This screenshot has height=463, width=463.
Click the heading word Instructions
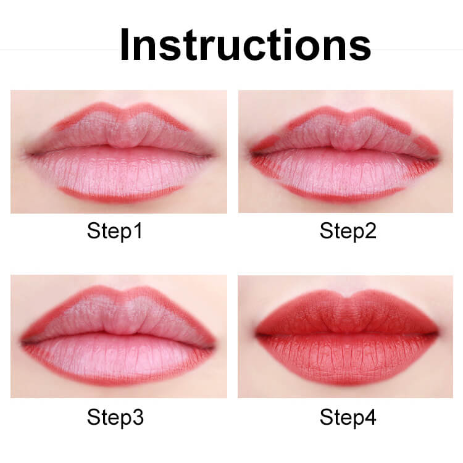click(x=245, y=44)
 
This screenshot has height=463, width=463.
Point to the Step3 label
click(x=115, y=417)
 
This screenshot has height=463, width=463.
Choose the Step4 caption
click(x=348, y=417)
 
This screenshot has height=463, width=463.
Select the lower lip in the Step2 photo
click(x=346, y=174)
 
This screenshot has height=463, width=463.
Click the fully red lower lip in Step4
click(x=346, y=358)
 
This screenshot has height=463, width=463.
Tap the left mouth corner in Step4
click(x=256, y=335)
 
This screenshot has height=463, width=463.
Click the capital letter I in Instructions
click(x=124, y=44)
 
